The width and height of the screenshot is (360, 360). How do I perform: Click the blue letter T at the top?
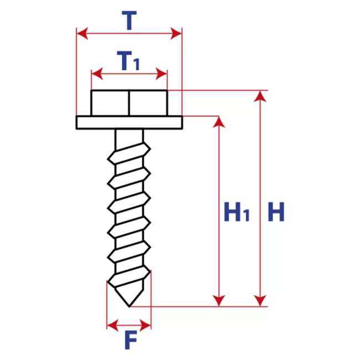pos(129,20)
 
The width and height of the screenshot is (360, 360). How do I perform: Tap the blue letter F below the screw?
pos(131,340)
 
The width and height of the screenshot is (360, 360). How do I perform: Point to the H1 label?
pos(236,212)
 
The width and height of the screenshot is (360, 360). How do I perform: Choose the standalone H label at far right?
pos(276,212)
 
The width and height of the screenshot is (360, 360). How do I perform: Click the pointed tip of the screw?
pos(129,306)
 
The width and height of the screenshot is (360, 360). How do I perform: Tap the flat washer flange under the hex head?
pos(129,122)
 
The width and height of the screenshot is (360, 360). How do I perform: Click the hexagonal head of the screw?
pos(129,103)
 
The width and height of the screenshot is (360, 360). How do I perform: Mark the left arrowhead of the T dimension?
pos(82,34)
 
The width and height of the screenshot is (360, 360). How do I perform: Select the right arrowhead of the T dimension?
pos(176,34)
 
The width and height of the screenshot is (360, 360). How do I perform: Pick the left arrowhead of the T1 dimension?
pos(97,74)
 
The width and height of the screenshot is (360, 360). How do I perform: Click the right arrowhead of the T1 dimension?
pos(161,74)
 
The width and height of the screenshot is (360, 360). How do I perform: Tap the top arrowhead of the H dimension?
pos(260,96)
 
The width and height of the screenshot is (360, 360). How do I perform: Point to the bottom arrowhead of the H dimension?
pos(260,301)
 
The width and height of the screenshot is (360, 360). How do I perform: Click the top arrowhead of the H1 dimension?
pos(219,122)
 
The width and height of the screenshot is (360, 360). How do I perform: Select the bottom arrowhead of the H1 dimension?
pos(219,301)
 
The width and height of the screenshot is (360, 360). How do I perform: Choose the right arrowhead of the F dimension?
pos(146,325)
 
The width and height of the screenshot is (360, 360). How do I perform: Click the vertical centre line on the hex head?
pos(129,103)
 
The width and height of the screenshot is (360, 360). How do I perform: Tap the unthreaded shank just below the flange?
pos(129,137)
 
